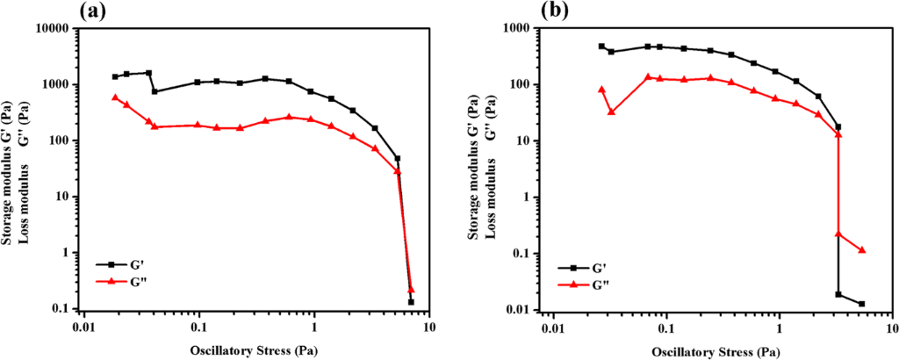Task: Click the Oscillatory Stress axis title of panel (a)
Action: coord(255,351)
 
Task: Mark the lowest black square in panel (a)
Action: coord(411,302)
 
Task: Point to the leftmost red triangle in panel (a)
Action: coord(115,97)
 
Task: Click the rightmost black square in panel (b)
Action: coord(861,304)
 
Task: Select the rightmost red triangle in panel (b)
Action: coord(861,250)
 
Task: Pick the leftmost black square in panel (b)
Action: coord(602,47)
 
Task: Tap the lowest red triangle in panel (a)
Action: coord(412,289)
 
